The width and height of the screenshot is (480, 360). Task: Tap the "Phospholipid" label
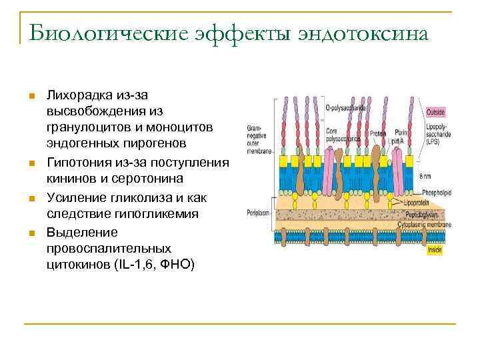(x=436, y=192)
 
